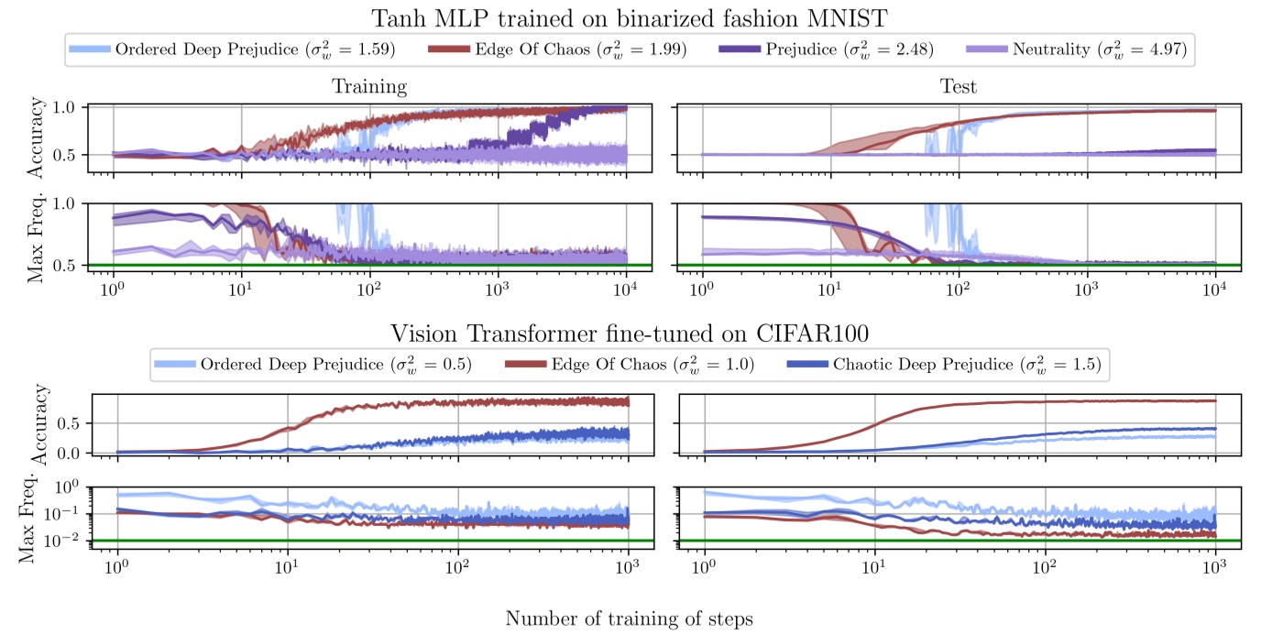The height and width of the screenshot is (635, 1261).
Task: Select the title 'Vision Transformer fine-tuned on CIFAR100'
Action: tap(630, 332)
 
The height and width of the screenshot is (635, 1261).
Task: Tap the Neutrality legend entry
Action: tap(1099, 50)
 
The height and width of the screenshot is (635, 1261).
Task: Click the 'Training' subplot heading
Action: tap(369, 87)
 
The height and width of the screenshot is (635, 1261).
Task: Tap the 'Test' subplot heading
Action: tap(959, 87)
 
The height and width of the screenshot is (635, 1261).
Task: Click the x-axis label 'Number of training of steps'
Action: tap(630, 619)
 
